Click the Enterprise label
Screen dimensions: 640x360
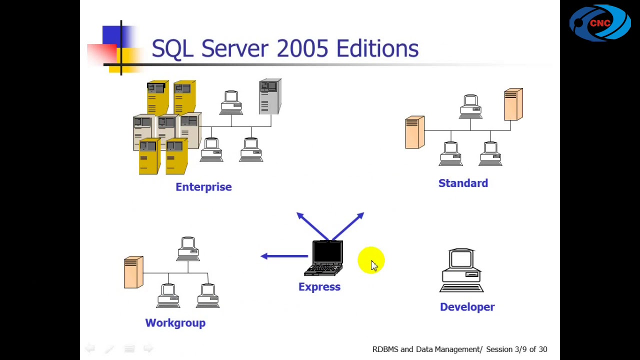203,187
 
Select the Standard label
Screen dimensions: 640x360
463,183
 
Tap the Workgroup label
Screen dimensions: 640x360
175,323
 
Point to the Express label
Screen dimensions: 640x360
319,287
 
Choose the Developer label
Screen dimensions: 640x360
467,307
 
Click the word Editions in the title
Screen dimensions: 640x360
377,48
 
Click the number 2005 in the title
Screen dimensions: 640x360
302,48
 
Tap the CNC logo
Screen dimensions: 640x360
600,23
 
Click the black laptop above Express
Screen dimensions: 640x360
323,258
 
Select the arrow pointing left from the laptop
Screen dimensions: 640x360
284,256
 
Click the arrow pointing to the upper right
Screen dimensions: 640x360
348,226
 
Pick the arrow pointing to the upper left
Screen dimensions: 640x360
312,226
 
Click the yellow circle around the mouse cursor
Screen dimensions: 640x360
371,260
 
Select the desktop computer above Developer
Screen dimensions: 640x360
461,270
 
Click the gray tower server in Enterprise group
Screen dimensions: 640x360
270,96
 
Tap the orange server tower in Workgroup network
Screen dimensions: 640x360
133,272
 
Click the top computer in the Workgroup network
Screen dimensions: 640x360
188,249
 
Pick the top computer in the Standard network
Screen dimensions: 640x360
470,106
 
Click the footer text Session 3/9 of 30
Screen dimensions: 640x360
516,349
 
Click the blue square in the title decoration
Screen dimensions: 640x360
112,35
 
